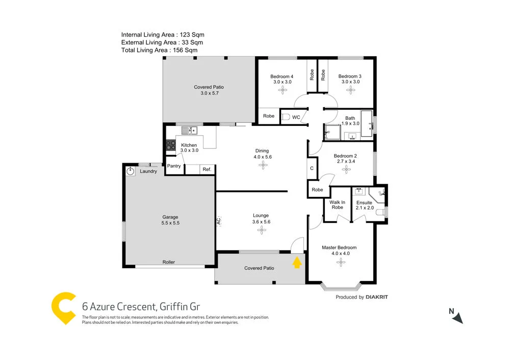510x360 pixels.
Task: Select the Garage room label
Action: [x=170, y=220]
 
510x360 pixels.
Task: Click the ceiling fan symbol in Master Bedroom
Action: [x=340, y=263]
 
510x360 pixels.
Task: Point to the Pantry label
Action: [x=174, y=166]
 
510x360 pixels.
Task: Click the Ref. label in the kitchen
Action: [x=207, y=169]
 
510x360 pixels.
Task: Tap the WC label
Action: [x=296, y=117]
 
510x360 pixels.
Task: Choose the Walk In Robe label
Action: [x=337, y=205]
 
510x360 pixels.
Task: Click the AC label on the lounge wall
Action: [x=218, y=221]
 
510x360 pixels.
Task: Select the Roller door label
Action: [x=169, y=262]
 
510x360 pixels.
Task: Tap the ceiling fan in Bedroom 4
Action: [x=282, y=90]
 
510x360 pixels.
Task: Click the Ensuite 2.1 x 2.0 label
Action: [x=365, y=205]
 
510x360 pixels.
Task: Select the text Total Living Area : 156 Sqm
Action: [x=159, y=50]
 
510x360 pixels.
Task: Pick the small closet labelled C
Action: [x=312, y=168]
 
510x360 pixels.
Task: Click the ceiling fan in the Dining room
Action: [x=263, y=166]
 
